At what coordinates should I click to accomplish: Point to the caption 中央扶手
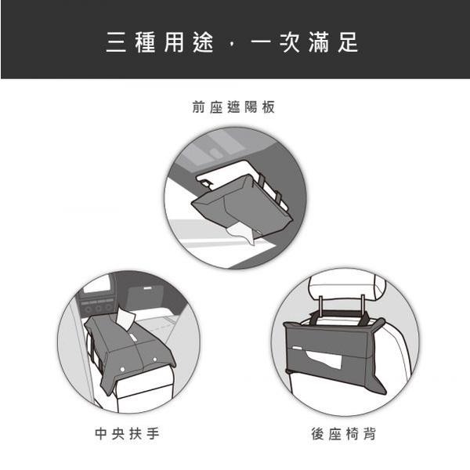(128, 433)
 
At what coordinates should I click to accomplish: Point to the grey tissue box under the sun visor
(235, 205)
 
